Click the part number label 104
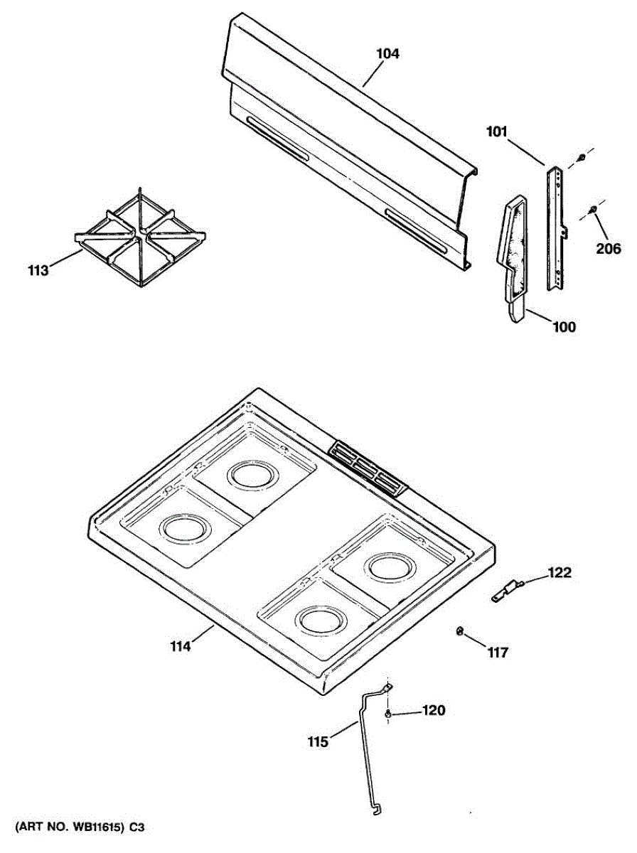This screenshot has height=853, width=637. pos(387,53)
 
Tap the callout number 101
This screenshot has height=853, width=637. pos(498,132)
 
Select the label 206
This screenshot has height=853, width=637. pos(609,249)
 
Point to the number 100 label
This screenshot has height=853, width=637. pos(564,328)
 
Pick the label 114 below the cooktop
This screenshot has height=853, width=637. pos(181,646)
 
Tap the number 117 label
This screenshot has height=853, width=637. pos(498,652)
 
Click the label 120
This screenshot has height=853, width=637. pos(434,709)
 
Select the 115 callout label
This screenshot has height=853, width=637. pos(318,742)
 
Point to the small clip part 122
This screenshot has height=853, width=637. pos(506,590)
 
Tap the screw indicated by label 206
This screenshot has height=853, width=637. pos(592,209)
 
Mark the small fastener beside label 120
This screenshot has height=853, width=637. pos(388,712)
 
